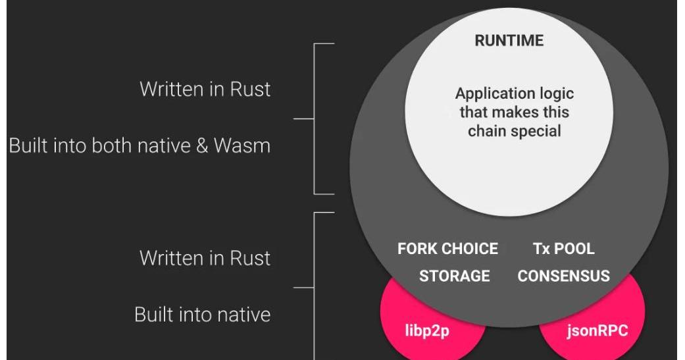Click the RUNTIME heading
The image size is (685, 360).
click(x=509, y=41)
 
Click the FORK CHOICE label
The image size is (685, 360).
click(x=447, y=249)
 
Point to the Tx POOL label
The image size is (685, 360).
click(x=563, y=249)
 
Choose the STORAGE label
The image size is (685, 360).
click(x=454, y=276)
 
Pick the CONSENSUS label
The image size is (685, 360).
click(x=563, y=276)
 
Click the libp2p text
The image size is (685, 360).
click(x=426, y=329)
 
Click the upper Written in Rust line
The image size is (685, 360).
click(x=205, y=90)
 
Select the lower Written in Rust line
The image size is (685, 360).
click(x=205, y=258)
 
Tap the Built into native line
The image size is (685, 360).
click(x=202, y=315)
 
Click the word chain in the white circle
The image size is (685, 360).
click(x=487, y=130)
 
